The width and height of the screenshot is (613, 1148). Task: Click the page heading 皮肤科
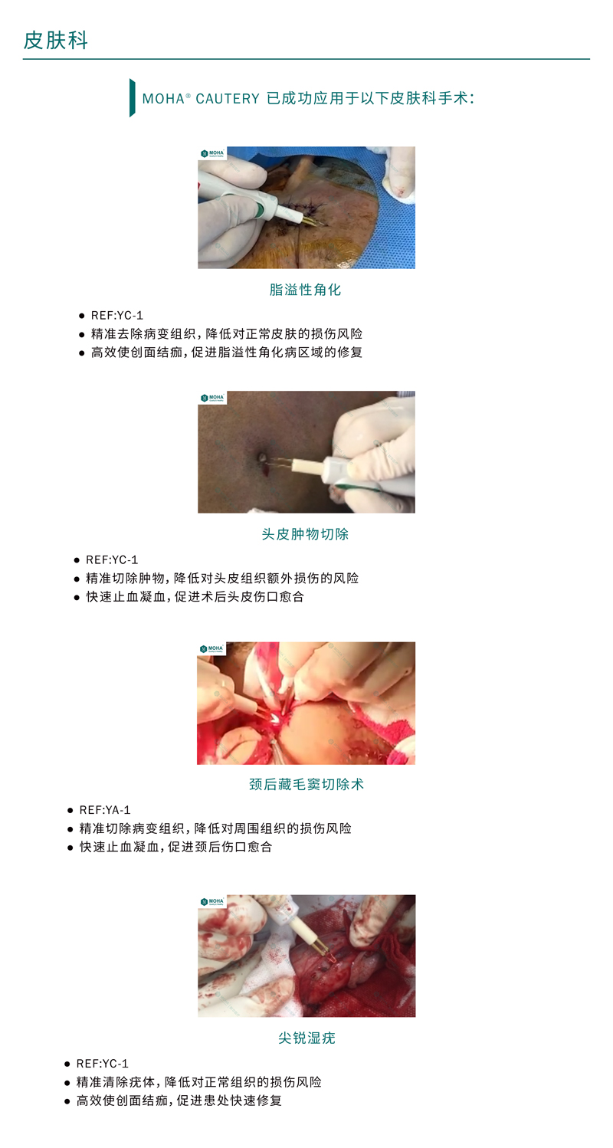pos(56,41)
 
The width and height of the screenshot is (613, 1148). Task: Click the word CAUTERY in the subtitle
pos(228,98)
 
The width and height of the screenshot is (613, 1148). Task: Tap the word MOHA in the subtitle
pos(163,98)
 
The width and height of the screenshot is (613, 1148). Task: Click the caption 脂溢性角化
pos(306,290)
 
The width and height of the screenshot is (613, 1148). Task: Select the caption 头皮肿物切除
pos(306,535)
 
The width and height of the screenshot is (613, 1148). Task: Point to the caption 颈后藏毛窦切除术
pos(306,785)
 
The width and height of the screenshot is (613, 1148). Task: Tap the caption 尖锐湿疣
pos(306,1038)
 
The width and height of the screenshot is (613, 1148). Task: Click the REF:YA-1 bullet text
pos(105,810)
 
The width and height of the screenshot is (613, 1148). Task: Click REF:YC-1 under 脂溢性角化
pos(117,316)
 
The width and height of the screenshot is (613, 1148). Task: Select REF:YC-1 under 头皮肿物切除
pos(112,560)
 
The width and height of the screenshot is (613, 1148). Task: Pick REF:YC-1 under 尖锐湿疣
pos(103,1064)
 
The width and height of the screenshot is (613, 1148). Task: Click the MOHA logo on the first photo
pos(212,153)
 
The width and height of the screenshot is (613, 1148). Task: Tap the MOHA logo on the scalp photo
pos(212,398)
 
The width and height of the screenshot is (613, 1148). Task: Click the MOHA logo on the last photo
pos(212,901)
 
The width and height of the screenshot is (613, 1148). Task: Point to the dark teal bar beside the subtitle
pos(133,98)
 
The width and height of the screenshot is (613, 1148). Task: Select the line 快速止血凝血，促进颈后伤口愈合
pos(175,847)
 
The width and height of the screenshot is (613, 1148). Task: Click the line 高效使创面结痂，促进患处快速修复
pos(179,1100)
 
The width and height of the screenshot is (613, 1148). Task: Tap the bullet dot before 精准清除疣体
pos(67,1083)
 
